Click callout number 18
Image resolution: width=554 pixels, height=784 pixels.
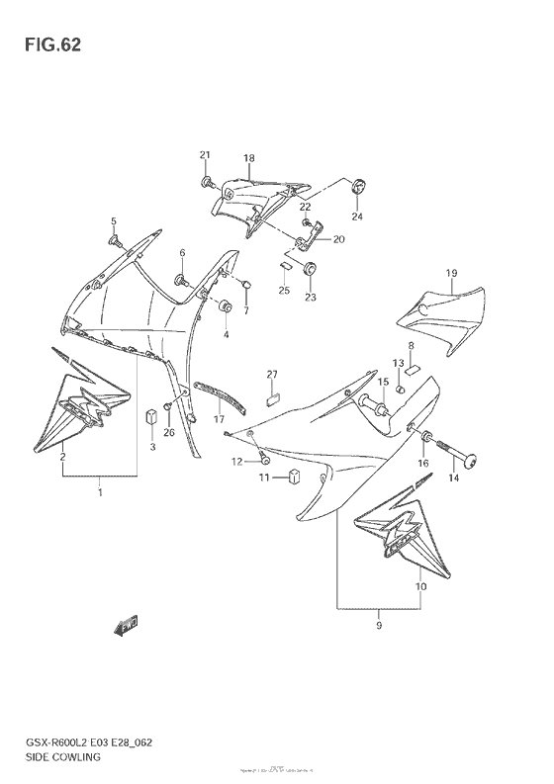(249, 159)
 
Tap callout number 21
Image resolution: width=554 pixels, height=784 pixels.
(205, 154)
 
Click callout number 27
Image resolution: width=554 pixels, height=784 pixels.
(272, 374)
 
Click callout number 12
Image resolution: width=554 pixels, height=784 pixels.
(237, 462)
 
